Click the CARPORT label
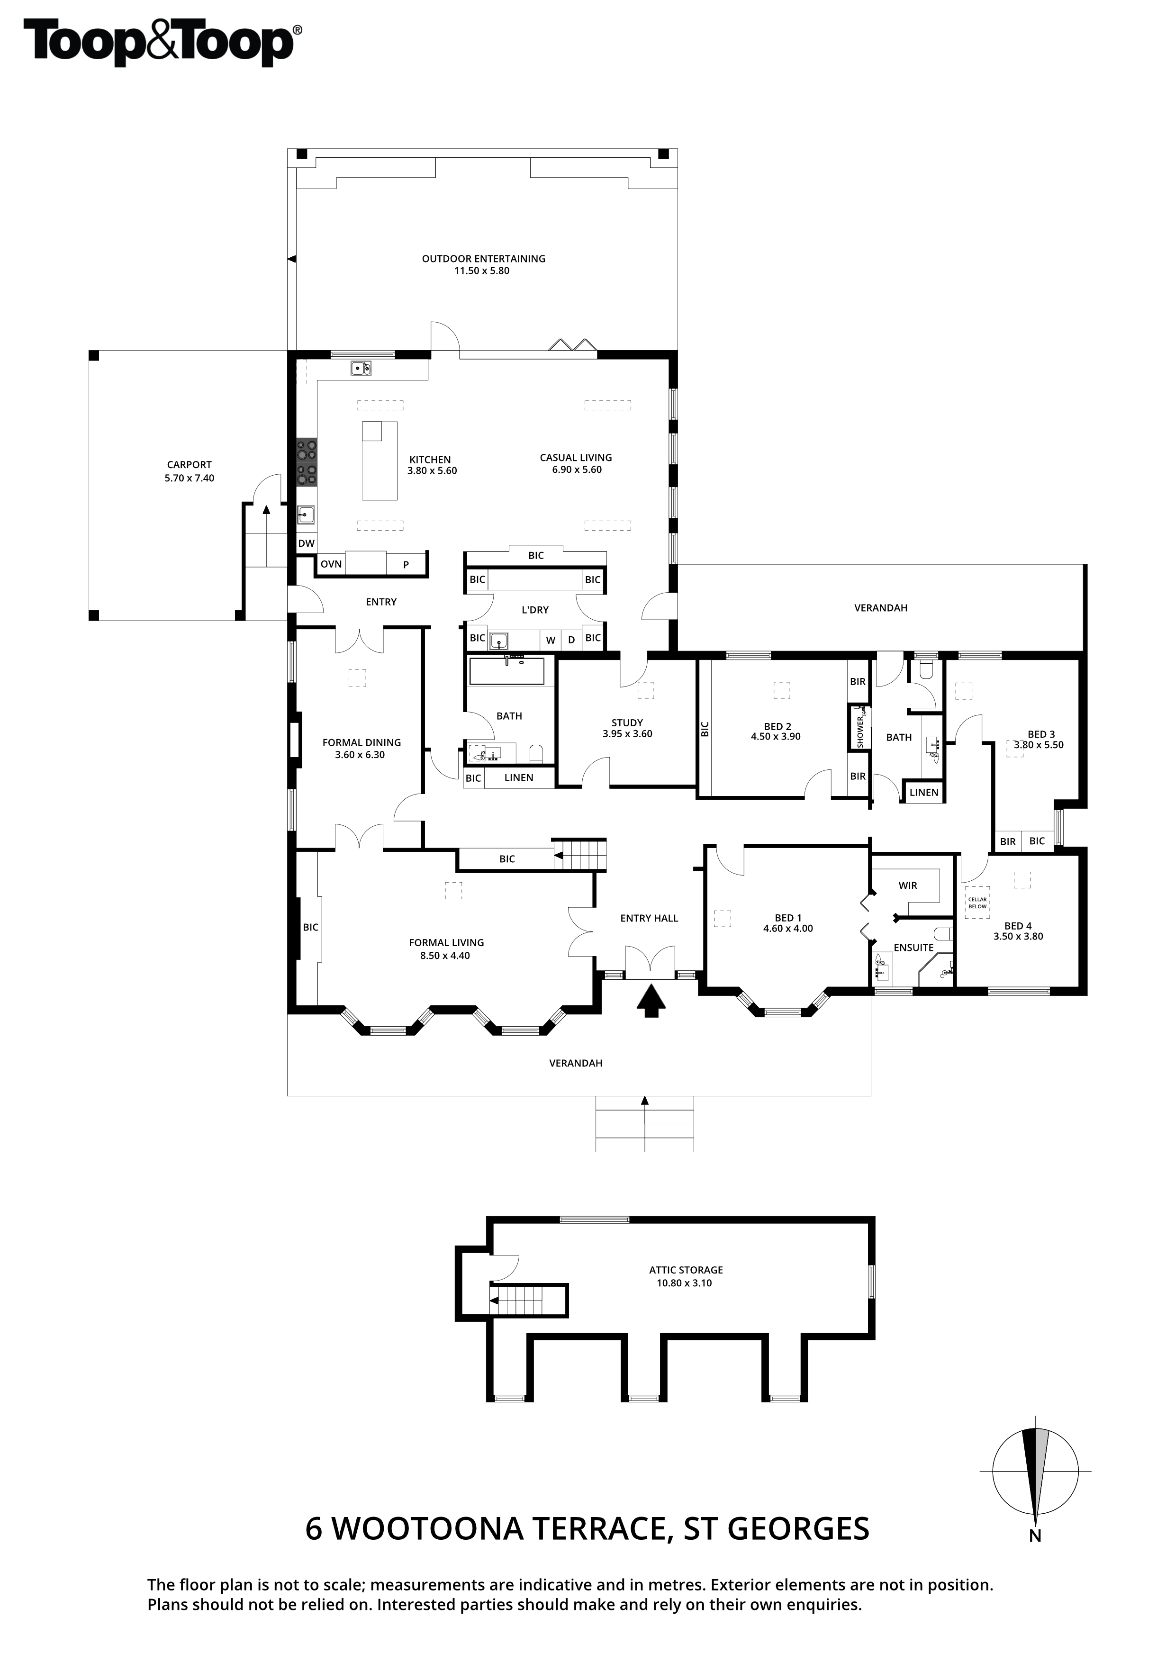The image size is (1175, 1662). pyautogui.click(x=189, y=465)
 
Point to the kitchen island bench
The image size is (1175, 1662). pyautogui.click(x=380, y=461)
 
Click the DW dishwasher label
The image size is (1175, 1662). pyautogui.click(x=306, y=543)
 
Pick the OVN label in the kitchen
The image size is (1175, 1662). pyautogui.click(x=331, y=564)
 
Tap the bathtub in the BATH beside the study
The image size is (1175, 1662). pyautogui.click(x=507, y=670)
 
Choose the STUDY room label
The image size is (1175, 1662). pyautogui.click(x=627, y=723)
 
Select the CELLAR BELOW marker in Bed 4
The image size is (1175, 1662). pyautogui.click(x=977, y=903)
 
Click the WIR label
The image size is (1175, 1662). pyautogui.click(x=908, y=885)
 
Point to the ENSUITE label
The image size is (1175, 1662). pyautogui.click(x=913, y=948)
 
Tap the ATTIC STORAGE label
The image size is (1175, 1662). pyautogui.click(x=686, y=1270)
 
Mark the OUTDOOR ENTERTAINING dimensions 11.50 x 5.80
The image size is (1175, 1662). pyautogui.click(x=481, y=271)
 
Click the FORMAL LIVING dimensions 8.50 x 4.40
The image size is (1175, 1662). pyautogui.click(x=445, y=956)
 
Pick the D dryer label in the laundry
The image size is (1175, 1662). pyautogui.click(x=571, y=640)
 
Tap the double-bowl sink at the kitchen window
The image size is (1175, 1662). pyautogui.click(x=361, y=369)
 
